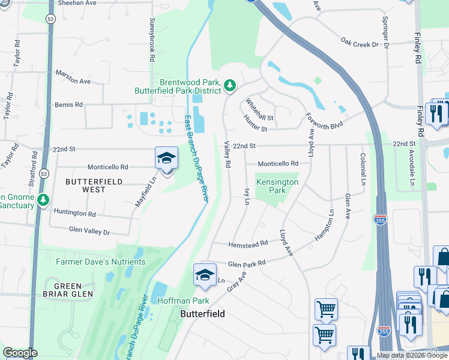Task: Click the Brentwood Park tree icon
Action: pos(230,86)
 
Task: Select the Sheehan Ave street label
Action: pos(77,3)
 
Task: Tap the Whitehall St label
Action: pos(259,109)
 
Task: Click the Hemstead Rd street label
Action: pos(248,244)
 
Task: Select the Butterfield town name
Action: pos(203,314)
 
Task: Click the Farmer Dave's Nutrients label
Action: pos(100,262)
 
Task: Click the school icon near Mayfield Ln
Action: pos(166,160)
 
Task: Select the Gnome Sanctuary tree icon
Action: pos(43,200)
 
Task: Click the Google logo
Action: pos(20,353)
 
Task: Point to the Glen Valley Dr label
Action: pos(89,231)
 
